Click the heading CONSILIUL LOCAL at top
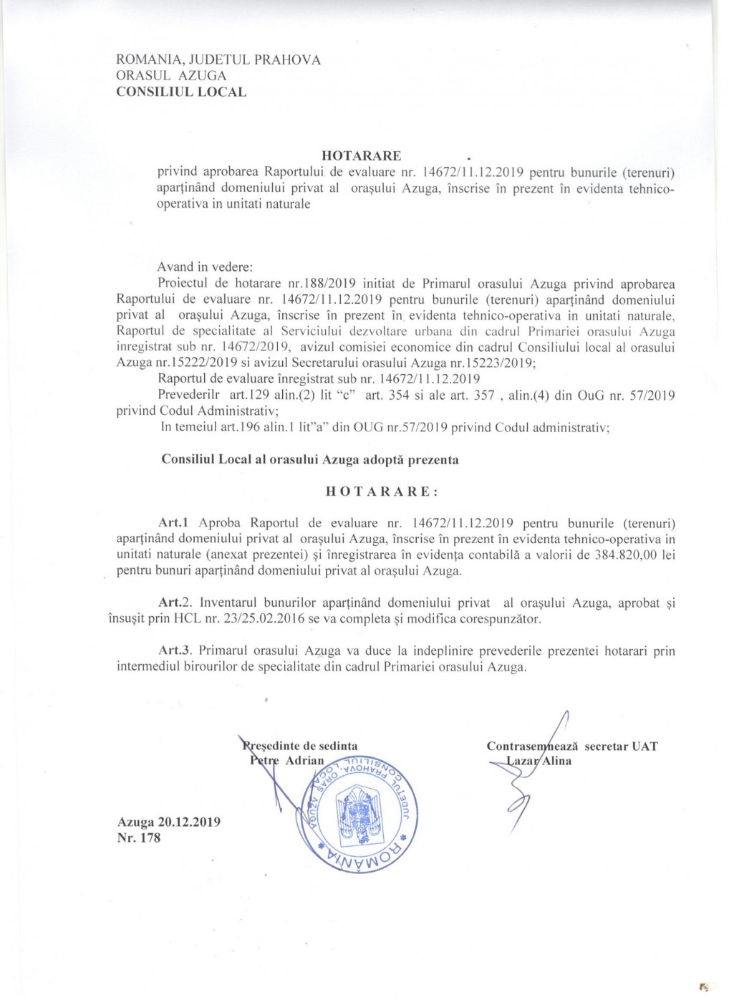pos(181,92)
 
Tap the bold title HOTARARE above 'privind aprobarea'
pos(361,155)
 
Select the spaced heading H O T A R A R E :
pos(381,491)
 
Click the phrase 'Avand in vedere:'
pos(195,267)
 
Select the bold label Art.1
pos(173,523)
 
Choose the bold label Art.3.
pos(176,651)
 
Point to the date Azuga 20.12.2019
pos(169,822)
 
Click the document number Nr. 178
pos(139,838)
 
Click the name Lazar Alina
pos(539,761)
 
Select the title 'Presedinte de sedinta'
pos(301,746)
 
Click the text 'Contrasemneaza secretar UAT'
pos(572,746)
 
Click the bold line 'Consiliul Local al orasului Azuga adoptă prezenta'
pos(310,459)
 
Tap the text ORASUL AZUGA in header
pos(171,76)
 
